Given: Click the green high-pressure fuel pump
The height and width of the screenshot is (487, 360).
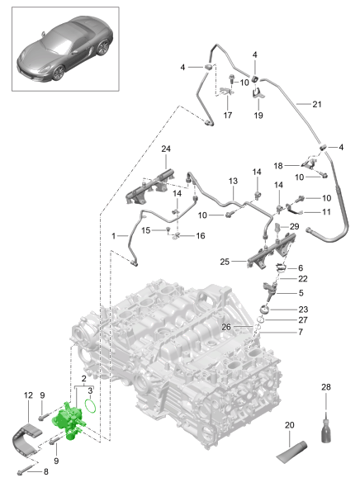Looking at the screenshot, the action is pyautogui.click(x=68, y=419).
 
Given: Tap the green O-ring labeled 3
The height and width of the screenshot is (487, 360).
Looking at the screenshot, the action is pyautogui.click(x=90, y=406).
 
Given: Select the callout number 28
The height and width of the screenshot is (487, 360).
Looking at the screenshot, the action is pyautogui.click(x=326, y=387).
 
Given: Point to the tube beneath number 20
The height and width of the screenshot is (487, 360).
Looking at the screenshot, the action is pyautogui.click(x=291, y=452).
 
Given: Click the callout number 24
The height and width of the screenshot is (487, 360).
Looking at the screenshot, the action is pyautogui.click(x=166, y=149).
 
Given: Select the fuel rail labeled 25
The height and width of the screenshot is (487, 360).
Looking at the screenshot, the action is pyautogui.click(x=271, y=250).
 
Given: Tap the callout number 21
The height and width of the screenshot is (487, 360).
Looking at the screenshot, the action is pyautogui.click(x=317, y=104).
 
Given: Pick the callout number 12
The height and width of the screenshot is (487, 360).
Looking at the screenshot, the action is pyautogui.click(x=28, y=395).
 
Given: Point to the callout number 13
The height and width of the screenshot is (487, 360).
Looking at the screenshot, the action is pyautogui.click(x=233, y=181).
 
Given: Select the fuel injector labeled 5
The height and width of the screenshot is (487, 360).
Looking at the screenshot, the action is pyautogui.click(x=269, y=291).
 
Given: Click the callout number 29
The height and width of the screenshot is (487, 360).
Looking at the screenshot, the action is pyautogui.click(x=295, y=226).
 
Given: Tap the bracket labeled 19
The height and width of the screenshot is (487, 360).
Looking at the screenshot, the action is pyautogui.click(x=258, y=93).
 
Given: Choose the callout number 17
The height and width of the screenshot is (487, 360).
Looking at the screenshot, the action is pyautogui.click(x=228, y=116).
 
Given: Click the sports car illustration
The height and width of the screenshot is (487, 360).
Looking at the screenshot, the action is pyautogui.click(x=65, y=49).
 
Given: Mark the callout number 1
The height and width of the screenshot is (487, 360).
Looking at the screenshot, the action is pyautogui.click(x=114, y=236).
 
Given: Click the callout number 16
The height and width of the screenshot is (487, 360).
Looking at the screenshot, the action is pyautogui.click(x=201, y=236).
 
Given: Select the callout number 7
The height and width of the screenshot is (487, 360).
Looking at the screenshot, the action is pyautogui.click(x=301, y=332).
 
